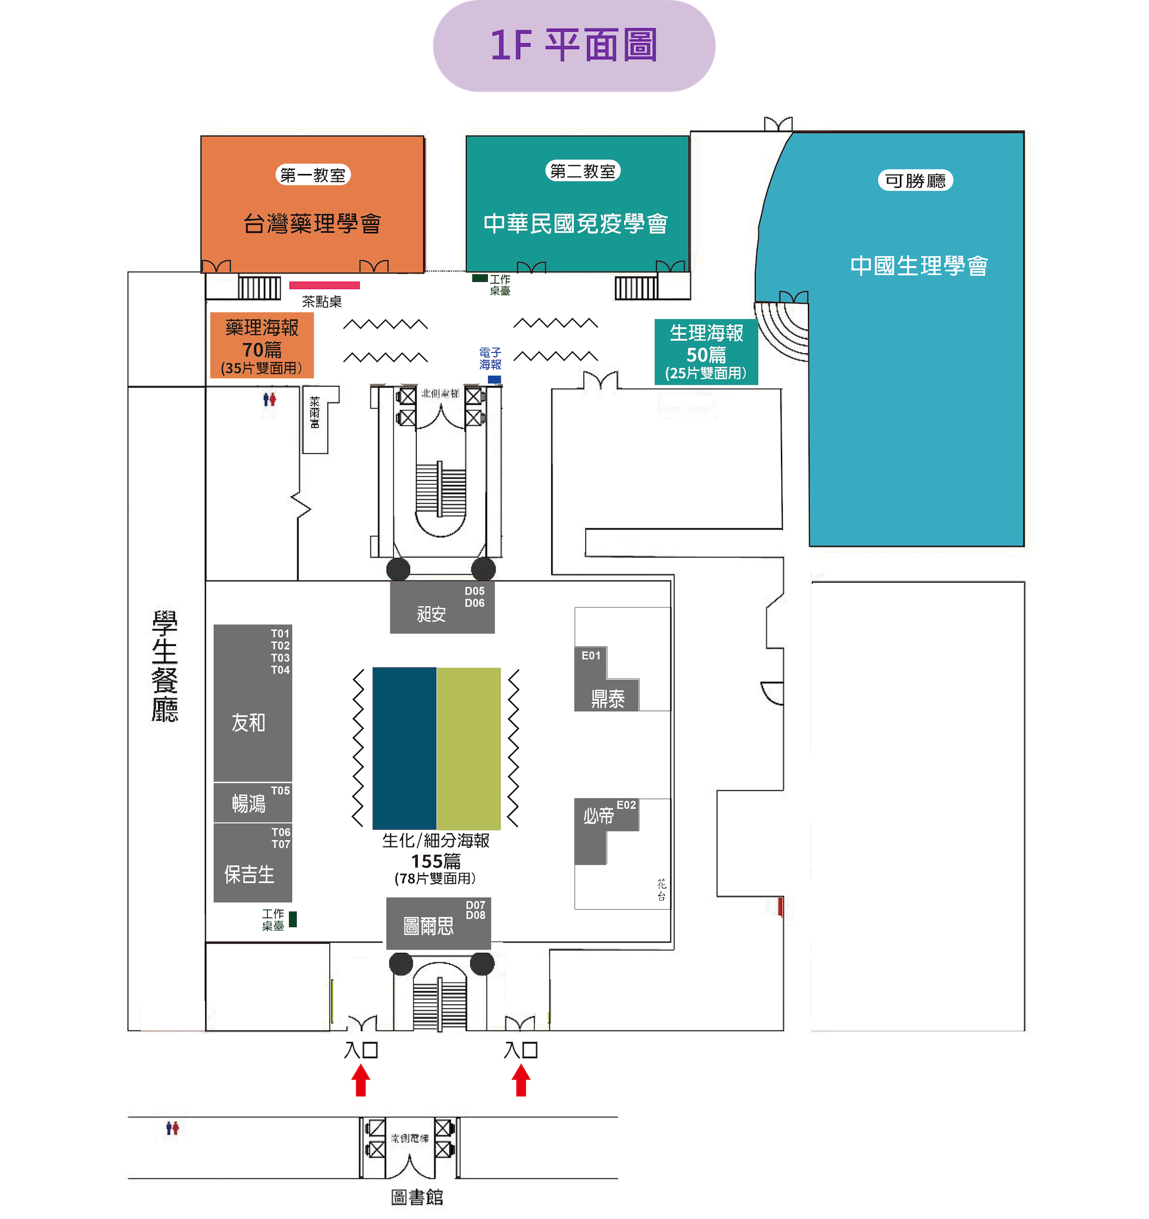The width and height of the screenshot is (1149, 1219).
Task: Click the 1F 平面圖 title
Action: coord(573,46)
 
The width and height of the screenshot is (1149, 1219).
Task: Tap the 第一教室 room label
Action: coord(313,175)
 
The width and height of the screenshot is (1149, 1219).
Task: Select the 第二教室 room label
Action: coord(583,171)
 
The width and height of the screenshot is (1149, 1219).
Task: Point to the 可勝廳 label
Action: coord(915,181)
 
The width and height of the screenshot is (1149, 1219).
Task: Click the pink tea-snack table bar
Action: coord(324,285)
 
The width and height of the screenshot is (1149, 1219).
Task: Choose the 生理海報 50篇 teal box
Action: coord(706,352)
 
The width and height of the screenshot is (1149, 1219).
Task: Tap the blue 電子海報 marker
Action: coord(494,380)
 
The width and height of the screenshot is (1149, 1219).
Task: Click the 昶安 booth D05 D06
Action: coord(442,607)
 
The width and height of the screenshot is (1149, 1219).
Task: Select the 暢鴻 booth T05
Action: coord(252,802)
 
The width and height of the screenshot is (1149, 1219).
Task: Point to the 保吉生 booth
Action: coord(252,863)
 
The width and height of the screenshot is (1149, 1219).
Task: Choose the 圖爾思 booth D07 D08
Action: coord(438,923)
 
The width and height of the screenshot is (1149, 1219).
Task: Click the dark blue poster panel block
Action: coord(405,748)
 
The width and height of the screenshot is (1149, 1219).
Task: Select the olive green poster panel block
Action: coord(469,748)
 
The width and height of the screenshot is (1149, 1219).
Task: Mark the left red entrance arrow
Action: coord(361,1080)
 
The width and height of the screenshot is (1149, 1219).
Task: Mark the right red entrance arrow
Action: coord(521,1080)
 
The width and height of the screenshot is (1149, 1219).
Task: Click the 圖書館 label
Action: coord(417,1197)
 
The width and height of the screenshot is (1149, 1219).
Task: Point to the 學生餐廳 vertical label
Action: coord(165,666)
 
